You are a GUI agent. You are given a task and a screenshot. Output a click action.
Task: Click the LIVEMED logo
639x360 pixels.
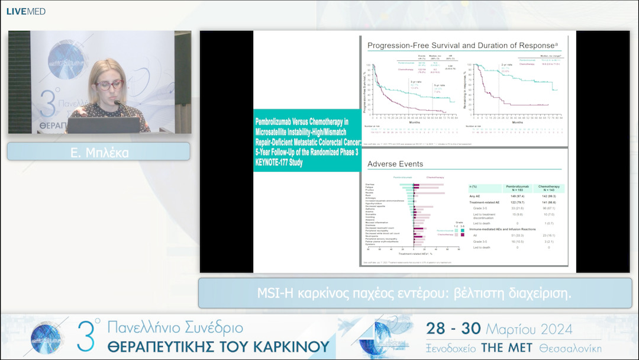click(25, 11)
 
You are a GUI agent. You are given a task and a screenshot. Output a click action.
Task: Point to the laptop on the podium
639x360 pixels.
click(103, 124)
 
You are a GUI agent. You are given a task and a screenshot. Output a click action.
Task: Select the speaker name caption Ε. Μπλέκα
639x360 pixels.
click(98, 152)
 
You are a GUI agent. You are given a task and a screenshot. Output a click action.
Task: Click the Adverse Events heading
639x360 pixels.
click(395, 163)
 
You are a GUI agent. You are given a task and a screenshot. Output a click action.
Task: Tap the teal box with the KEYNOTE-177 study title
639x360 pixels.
click(306, 140)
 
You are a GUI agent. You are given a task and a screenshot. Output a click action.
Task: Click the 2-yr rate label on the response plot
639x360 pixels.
click(506, 64)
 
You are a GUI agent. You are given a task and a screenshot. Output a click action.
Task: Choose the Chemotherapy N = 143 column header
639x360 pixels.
click(548, 188)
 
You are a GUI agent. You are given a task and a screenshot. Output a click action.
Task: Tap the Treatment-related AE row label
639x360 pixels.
click(485, 202)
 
